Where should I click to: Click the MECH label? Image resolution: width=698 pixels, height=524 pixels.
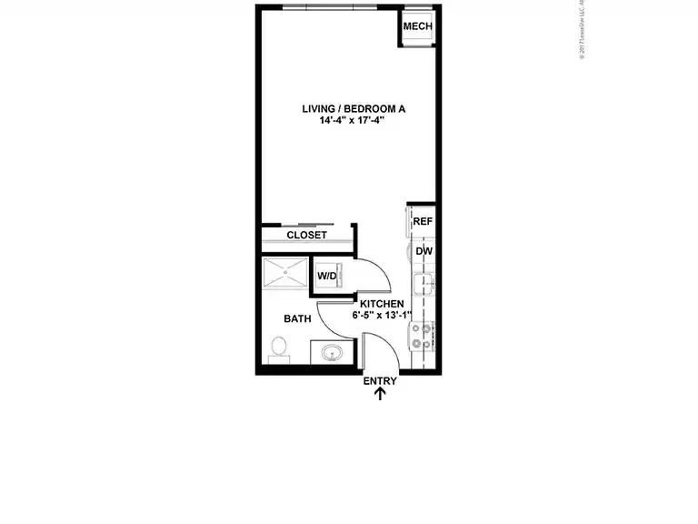(417, 26)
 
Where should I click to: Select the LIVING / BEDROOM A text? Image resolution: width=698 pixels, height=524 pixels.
(354, 109)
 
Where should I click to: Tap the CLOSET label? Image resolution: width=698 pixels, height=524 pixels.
(306, 235)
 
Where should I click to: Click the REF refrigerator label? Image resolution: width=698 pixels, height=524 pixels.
(422, 222)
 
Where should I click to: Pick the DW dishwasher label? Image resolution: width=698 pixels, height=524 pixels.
(424, 251)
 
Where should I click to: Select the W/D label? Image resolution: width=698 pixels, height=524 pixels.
(326, 277)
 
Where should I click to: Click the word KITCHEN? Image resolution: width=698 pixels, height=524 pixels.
(382, 304)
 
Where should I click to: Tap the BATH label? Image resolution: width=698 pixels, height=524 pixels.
(297, 319)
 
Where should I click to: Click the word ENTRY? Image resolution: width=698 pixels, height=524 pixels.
(380, 381)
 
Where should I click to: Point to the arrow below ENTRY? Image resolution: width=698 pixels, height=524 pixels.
(380, 394)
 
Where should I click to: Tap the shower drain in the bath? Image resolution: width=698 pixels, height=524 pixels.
(285, 272)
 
